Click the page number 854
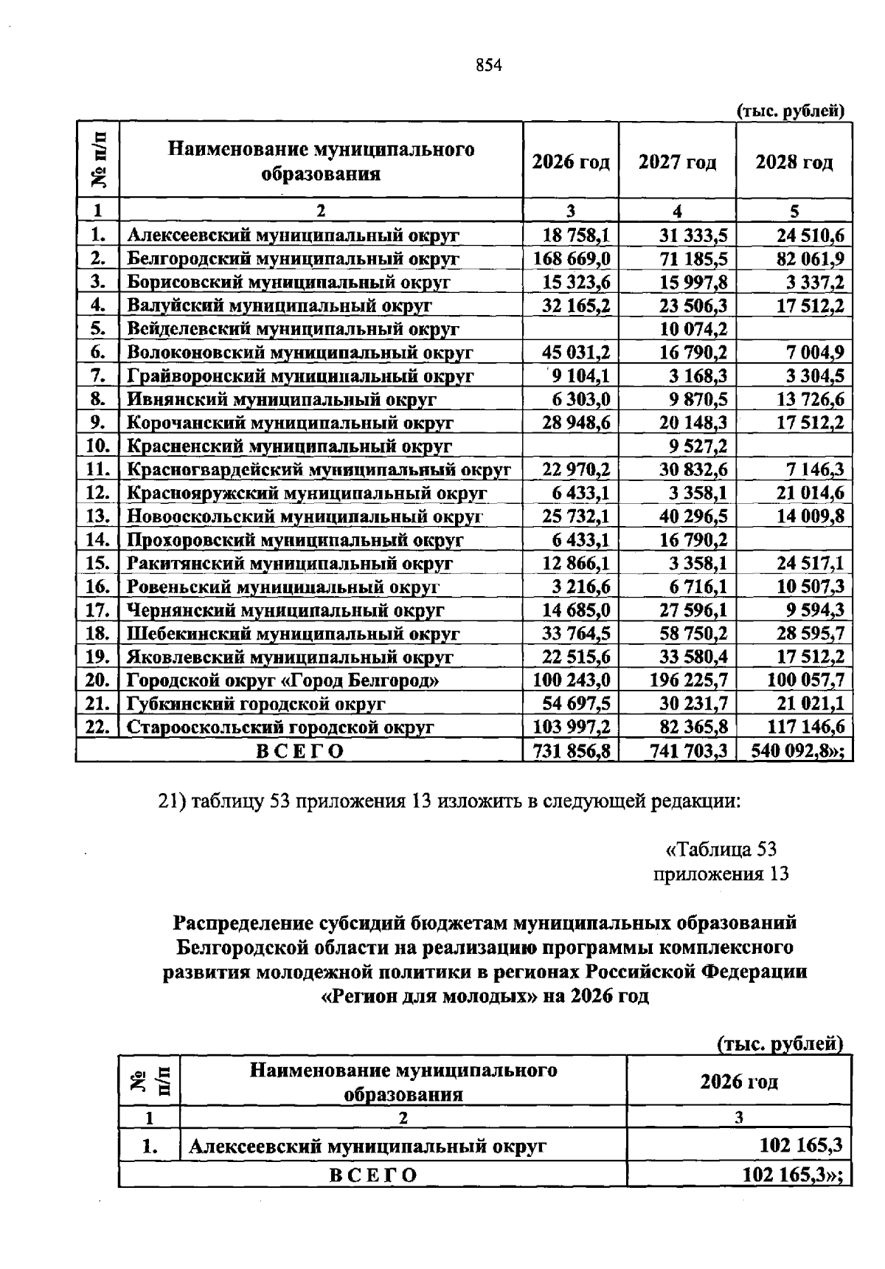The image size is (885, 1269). pos(488,65)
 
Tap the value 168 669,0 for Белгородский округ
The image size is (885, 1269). pos(571,258)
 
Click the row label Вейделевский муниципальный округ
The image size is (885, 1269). pos(293,328)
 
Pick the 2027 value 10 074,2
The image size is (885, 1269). pos(693,328)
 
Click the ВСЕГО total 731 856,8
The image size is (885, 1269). pos(571,751)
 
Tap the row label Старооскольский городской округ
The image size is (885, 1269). pos(280,727)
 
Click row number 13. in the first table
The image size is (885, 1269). pos(97,516)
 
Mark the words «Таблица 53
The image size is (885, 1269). pos(721,849)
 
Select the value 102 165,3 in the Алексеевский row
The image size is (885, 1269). pos(801,1146)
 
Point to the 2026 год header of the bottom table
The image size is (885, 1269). pos(738,1082)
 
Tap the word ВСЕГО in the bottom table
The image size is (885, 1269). pos(372,1175)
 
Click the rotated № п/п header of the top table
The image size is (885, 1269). pos(98,159)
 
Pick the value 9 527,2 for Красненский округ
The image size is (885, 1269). pos(693,446)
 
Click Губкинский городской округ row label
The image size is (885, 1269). pos(256,704)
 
